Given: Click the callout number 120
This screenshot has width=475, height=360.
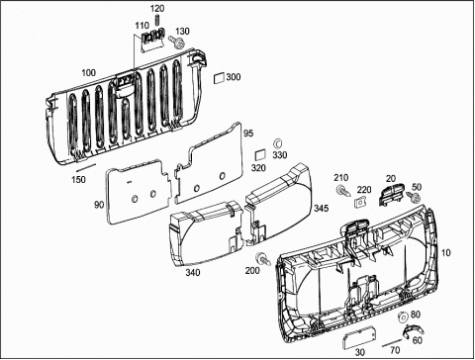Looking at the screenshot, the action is point(157,9).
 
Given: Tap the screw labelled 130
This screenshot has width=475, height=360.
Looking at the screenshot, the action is point(177,43).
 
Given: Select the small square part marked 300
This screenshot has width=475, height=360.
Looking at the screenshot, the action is point(219,78).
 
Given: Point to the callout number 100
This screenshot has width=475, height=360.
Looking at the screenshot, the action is point(88,73).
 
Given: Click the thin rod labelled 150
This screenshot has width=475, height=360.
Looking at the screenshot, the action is point(86,167).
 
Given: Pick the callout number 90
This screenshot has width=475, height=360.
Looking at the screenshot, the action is point(99,205).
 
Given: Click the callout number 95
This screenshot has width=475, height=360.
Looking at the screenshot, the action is point(248,134).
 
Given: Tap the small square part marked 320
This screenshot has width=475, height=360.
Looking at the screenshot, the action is point(260,155).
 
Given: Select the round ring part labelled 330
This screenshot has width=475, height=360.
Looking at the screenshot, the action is point(278,143).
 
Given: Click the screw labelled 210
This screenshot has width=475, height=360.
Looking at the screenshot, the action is point(343,191).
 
